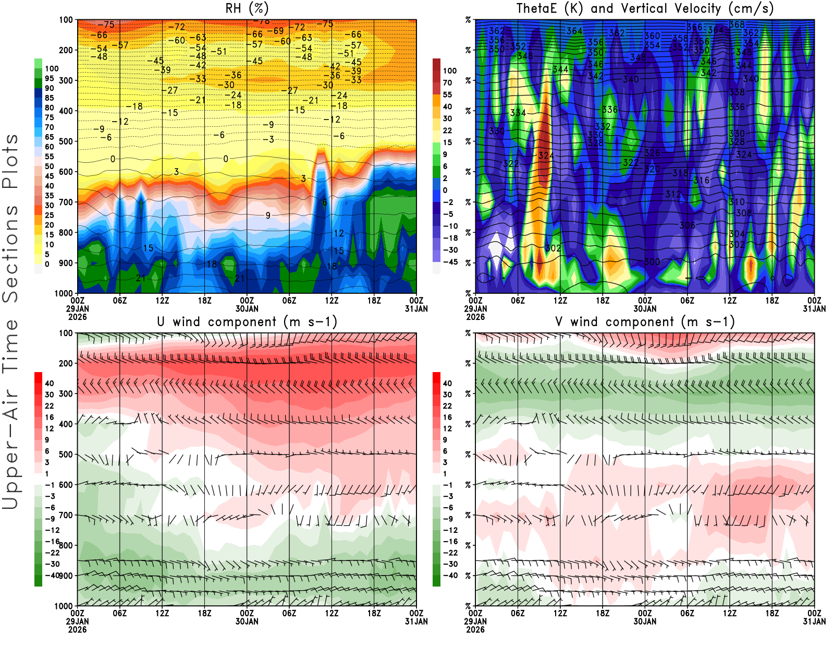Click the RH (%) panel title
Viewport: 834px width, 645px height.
(247, 8)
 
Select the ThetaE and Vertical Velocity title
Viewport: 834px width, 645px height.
(645, 8)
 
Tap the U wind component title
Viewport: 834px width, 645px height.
(247, 322)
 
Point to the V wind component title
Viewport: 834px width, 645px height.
(645, 322)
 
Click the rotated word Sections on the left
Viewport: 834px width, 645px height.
(10, 253)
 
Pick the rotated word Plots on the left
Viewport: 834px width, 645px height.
(10, 162)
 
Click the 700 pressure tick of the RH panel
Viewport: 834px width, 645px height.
(66, 202)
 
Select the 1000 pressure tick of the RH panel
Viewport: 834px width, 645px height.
(64, 293)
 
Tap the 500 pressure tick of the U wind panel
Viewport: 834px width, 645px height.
(66, 455)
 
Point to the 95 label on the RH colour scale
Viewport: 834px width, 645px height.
(50, 78)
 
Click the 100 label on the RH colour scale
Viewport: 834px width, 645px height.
(52, 68)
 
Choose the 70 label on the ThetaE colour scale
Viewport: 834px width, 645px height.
(447, 82)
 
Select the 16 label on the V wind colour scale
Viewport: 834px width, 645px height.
(447, 417)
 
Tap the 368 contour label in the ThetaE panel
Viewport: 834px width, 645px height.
(737, 25)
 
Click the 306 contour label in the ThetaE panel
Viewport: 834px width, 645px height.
(687, 225)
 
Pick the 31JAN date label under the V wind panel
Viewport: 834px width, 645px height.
(814, 622)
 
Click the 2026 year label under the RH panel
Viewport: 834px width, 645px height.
(77, 317)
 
